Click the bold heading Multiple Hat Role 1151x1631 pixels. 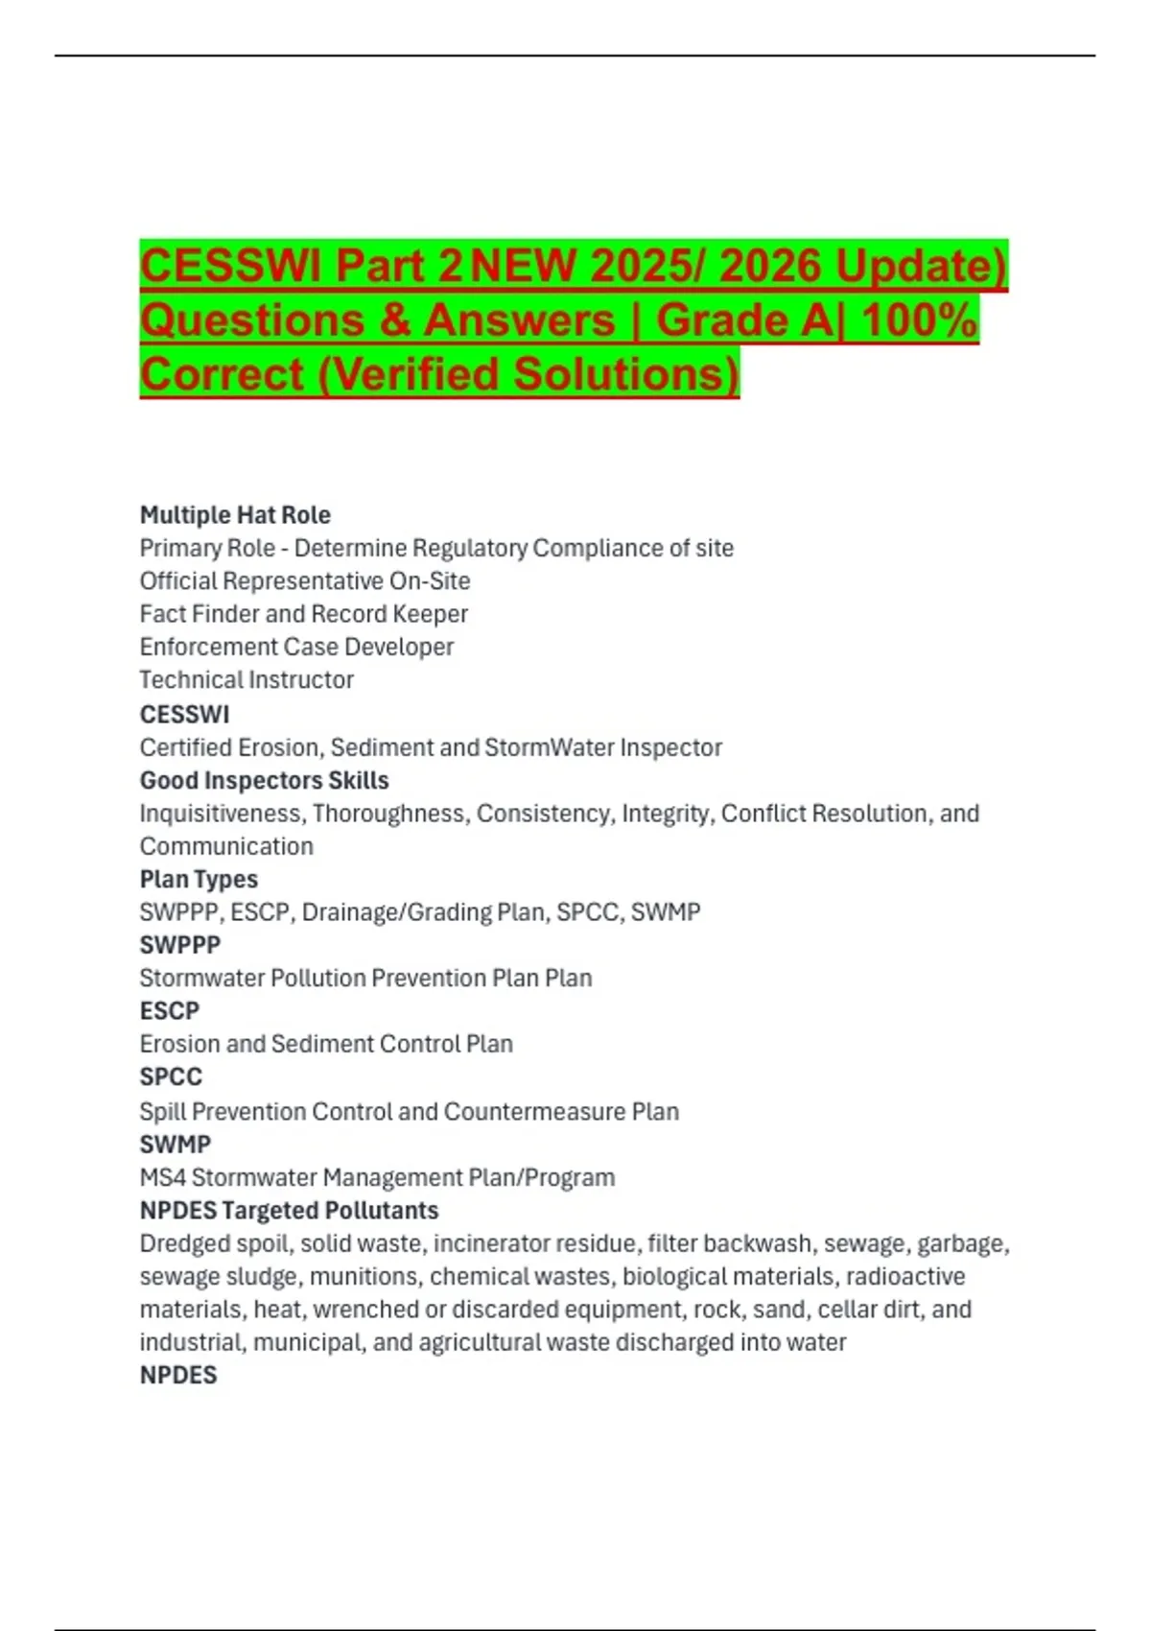tap(235, 515)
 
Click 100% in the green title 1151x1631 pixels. tap(919, 319)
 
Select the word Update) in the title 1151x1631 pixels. tap(921, 266)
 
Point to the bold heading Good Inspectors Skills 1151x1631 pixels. tap(264, 780)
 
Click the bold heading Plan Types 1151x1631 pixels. tap(199, 879)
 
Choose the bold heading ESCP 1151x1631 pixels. tap(170, 1010)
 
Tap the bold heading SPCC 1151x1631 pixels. tap(171, 1076)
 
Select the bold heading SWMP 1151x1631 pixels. tap(176, 1144)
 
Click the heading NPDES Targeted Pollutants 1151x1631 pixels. tap(289, 1210)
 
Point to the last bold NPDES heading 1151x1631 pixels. tap(178, 1375)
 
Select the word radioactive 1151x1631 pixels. tap(905, 1276)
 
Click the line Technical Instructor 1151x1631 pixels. tap(247, 679)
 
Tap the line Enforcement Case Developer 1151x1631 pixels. tap(296, 647)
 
